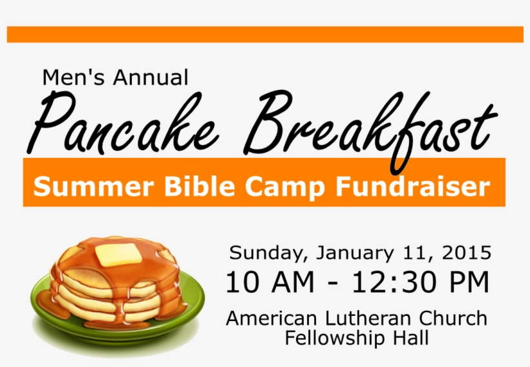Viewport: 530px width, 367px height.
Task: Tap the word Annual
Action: coord(150,78)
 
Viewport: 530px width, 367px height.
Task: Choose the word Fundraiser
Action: coord(411,187)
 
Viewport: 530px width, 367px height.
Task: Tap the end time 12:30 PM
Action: coord(420,283)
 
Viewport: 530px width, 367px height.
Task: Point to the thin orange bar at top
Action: coord(265,34)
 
